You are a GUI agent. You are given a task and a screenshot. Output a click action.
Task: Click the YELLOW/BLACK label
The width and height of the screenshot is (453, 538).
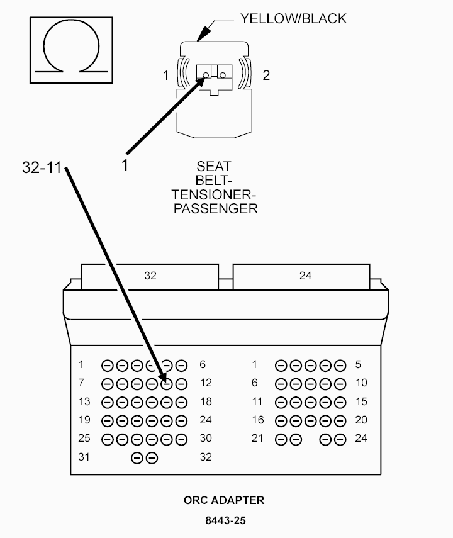click(x=293, y=18)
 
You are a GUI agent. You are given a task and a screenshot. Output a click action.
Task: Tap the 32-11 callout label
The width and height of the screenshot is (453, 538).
click(x=42, y=167)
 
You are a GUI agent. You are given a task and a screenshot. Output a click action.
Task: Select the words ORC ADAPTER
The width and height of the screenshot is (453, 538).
click(x=224, y=500)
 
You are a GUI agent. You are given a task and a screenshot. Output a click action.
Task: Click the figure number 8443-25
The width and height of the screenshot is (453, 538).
click(x=225, y=520)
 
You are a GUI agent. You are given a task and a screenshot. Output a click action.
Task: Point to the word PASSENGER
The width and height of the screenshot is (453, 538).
click(x=216, y=209)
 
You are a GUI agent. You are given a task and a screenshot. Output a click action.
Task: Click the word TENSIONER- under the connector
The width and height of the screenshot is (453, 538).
click(x=214, y=194)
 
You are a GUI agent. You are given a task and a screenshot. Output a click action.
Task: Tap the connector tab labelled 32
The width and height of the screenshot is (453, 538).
click(x=150, y=276)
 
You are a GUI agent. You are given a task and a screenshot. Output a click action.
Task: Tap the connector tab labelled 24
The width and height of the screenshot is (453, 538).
click(x=301, y=276)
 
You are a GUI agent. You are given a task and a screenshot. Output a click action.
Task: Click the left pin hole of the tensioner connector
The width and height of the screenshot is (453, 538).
click(x=206, y=75)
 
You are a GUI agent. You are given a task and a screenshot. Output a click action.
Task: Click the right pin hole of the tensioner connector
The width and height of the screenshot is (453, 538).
click(x=223, y=75)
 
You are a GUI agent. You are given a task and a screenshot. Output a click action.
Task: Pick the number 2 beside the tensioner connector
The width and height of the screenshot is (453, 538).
click(x=266, y=76)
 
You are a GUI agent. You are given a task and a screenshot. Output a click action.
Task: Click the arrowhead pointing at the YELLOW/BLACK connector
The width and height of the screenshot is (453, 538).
click(x=204, y=33)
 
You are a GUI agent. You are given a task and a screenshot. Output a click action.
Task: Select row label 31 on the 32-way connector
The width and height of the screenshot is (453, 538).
click(x=84, y=457)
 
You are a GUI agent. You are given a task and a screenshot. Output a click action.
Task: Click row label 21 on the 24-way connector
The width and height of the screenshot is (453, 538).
click(x=257, y=438)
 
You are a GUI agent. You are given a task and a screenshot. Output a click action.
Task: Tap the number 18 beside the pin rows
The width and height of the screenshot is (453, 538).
click(x=206, y=401)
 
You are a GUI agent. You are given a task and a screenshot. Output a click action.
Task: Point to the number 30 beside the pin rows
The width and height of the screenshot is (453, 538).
click(x=206, y=438)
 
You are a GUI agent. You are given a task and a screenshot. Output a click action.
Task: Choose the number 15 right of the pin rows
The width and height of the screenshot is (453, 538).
click(x=361, y=401)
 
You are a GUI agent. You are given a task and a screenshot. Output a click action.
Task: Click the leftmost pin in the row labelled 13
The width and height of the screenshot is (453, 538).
click(x=107, y=403)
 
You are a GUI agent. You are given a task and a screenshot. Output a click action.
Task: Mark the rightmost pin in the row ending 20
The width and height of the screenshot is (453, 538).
click(x=340, y=421)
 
